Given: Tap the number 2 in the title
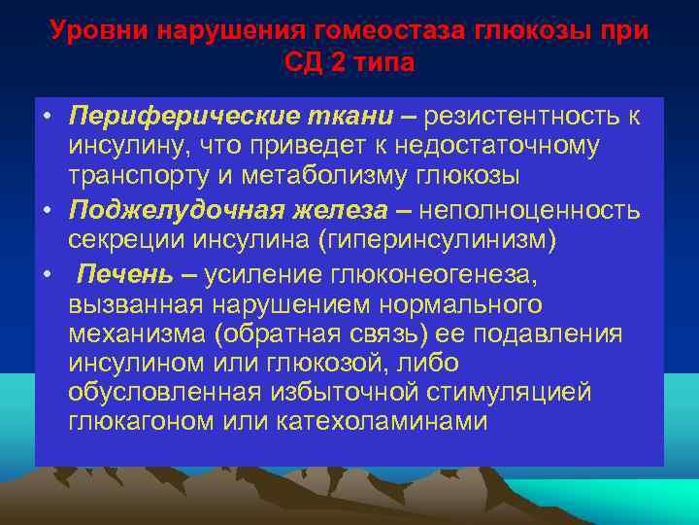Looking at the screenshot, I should [x=345, y=63].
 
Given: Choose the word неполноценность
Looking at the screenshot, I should [x=525, y=209].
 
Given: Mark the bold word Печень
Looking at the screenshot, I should [x=111, y=271].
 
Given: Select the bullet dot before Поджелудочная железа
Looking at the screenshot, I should [x=48, y=209].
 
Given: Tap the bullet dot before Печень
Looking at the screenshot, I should [x=48, y=271].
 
